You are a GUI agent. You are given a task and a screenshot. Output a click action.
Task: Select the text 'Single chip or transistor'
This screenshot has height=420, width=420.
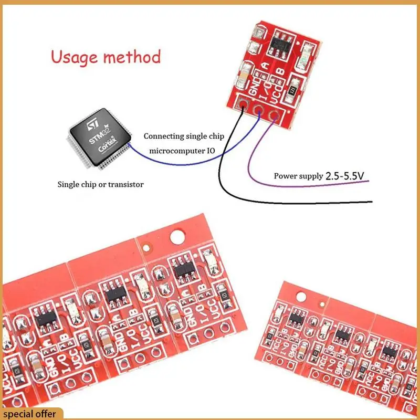(x=100, y=184)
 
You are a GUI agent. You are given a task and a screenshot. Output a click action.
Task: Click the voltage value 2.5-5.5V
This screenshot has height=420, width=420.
(x=344, y=176)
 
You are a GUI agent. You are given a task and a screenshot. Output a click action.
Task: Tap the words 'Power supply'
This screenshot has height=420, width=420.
(x=298, y=176)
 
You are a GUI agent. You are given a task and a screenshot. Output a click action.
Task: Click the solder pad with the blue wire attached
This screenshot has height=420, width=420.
(x=259, y=108)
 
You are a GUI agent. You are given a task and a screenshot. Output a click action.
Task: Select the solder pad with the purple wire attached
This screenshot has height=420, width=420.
(x=274, y=114)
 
